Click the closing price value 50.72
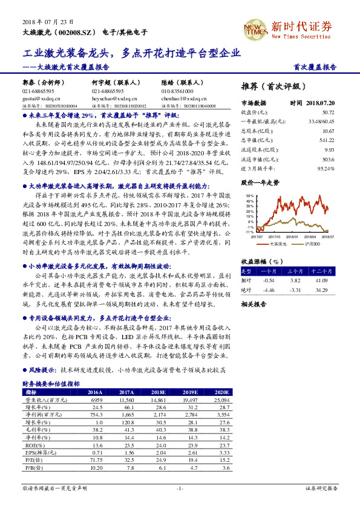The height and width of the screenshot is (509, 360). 328,112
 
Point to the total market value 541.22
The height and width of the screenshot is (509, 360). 326,139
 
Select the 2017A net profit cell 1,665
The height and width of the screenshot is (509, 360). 126,415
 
